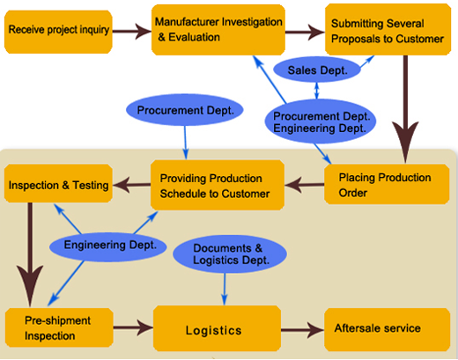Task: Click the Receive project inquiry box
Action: pos(58,32)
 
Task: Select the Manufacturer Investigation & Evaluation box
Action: pos(218,30)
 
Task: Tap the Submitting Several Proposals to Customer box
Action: pos(388,30)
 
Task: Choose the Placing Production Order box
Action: pos(387,184)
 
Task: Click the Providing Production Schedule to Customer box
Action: pos(218,185)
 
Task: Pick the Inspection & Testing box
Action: pos(58,183)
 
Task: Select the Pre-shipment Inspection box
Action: pos(59,327)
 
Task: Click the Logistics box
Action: pos(217,328)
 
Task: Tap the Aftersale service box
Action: pos(387,329)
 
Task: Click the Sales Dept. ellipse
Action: pos(317,70)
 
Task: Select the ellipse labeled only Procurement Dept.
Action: pos(185,110)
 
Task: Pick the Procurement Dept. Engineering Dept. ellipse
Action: pos(321,121)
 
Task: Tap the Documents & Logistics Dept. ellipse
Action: pos(230,254)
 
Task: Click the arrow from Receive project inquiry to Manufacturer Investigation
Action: pos(132,31)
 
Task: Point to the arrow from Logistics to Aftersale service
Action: pos(303,330)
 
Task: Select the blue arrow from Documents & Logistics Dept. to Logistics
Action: pos(225,290)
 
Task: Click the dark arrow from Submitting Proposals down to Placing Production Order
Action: pos(405,109)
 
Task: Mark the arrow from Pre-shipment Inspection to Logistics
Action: pos(133,327)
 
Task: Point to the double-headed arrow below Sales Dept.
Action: pos(316,91)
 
